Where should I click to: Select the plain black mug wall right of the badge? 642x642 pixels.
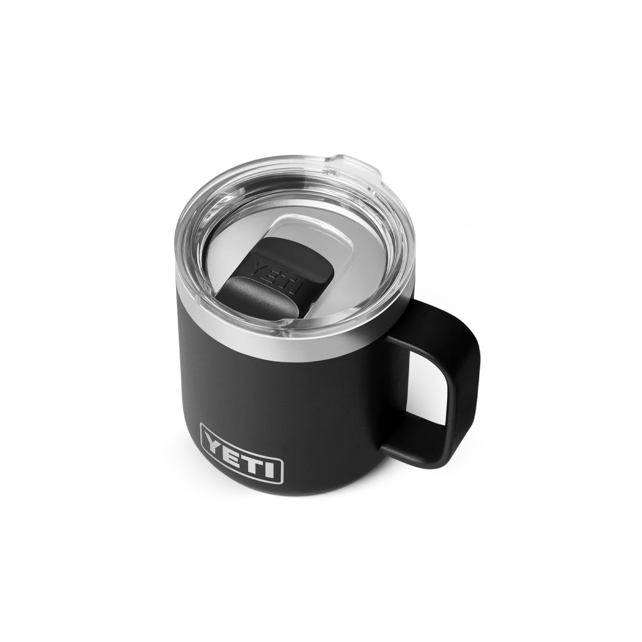pos(334,439)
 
